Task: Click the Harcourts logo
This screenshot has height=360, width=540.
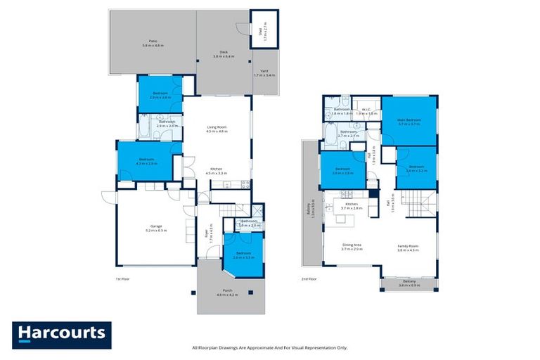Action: point(61,333)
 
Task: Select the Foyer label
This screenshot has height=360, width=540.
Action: point(207,232)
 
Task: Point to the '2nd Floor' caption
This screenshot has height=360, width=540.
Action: point(310,278)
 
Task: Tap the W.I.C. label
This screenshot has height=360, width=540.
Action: point(368,110)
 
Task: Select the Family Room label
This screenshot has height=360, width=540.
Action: point(408,247)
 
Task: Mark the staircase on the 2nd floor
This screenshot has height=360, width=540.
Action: point(422,207)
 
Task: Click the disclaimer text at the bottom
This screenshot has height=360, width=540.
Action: point(269,347)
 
